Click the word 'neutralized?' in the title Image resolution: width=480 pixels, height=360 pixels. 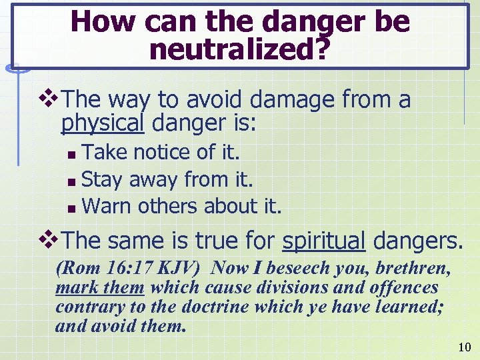pos(240,50)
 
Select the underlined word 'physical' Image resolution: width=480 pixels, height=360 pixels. pos(103,124)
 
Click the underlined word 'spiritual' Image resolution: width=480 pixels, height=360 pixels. pos(324,241)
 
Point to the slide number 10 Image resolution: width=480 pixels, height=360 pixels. pos(464,347)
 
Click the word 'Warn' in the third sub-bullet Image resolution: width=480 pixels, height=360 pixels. pos(107,206)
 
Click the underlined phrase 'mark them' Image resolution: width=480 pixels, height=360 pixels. pos(100,288)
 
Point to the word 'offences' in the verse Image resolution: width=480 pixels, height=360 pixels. pos(403,288)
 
